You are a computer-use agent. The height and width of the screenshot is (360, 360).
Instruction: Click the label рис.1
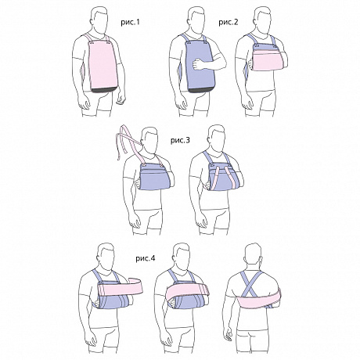130,22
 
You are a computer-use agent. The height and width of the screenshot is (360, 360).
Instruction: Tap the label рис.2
229,22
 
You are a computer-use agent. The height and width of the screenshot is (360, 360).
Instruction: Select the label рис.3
180,140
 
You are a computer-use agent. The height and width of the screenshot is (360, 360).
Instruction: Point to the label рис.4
146,258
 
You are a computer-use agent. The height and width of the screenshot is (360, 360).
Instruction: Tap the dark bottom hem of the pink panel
103,90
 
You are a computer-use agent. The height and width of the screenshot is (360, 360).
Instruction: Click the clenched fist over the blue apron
197,64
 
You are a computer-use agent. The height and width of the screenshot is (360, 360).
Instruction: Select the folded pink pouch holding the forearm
268,60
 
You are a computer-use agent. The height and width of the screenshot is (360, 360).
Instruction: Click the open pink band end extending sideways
121,286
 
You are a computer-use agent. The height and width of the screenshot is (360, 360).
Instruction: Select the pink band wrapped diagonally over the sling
187,292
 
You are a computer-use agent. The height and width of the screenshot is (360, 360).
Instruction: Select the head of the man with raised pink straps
149,140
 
